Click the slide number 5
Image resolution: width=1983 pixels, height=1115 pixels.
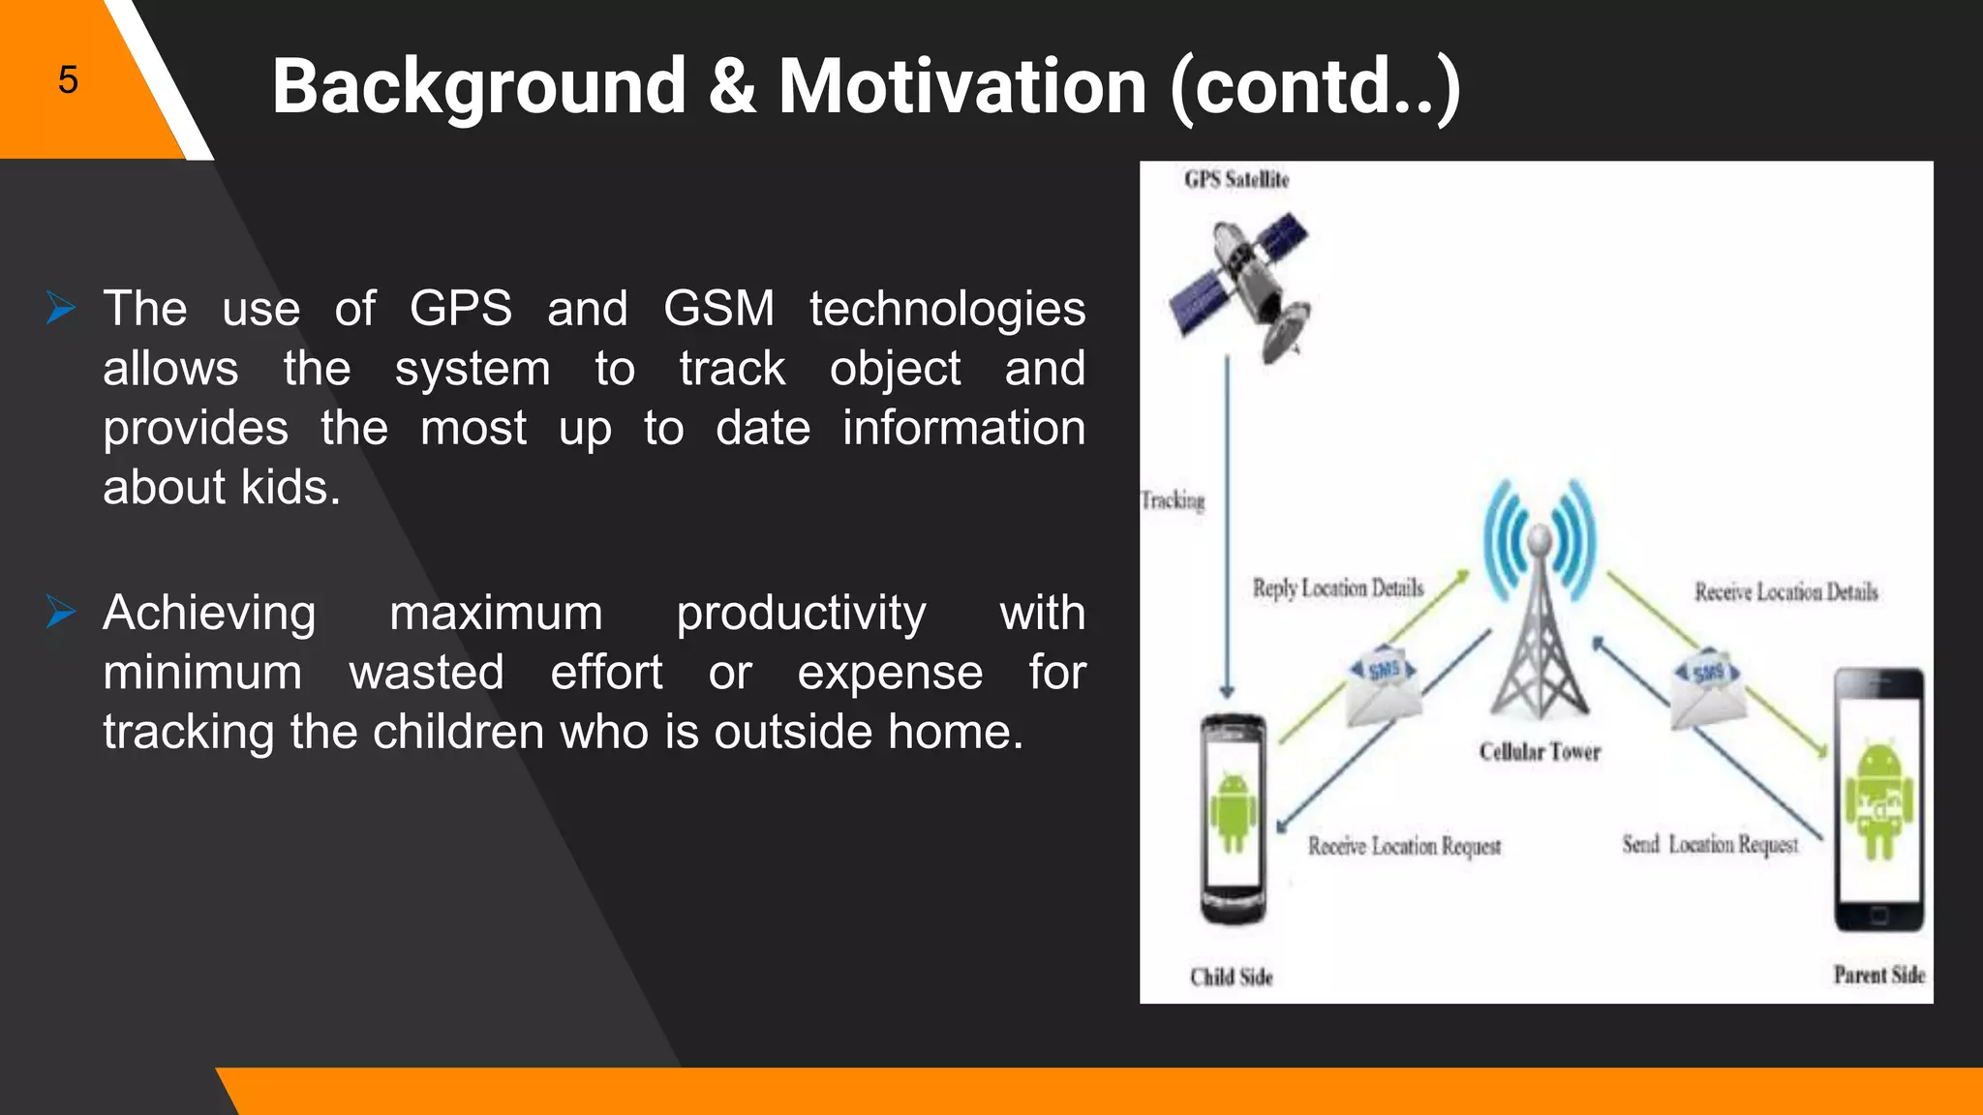pos(67,79)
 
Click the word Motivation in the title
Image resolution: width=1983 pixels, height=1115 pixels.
pos(962,86)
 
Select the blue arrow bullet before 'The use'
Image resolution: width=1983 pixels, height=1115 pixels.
pos(61,309)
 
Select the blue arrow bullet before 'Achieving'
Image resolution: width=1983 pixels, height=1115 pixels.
pos(61,613)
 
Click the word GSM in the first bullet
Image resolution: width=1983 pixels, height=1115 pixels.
pos(718,309)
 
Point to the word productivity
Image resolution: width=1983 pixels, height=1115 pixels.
pos(801,614)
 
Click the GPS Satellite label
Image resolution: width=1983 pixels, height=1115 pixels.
pos(1236,180)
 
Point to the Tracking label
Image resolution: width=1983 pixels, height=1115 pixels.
pos(1173,500)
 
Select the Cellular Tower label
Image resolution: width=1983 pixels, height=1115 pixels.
pos(1540,752)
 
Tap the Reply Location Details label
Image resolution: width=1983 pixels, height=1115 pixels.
pos(1338,588)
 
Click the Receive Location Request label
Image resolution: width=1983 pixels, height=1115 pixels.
pos(1404,847)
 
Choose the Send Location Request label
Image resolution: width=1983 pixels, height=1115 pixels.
pos(1710,845)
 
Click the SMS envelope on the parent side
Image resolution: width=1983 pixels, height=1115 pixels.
pos(1708,689)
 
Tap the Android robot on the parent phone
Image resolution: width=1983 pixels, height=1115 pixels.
pos(1878,799)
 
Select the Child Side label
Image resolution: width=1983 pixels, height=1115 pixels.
pos(1231,978)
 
